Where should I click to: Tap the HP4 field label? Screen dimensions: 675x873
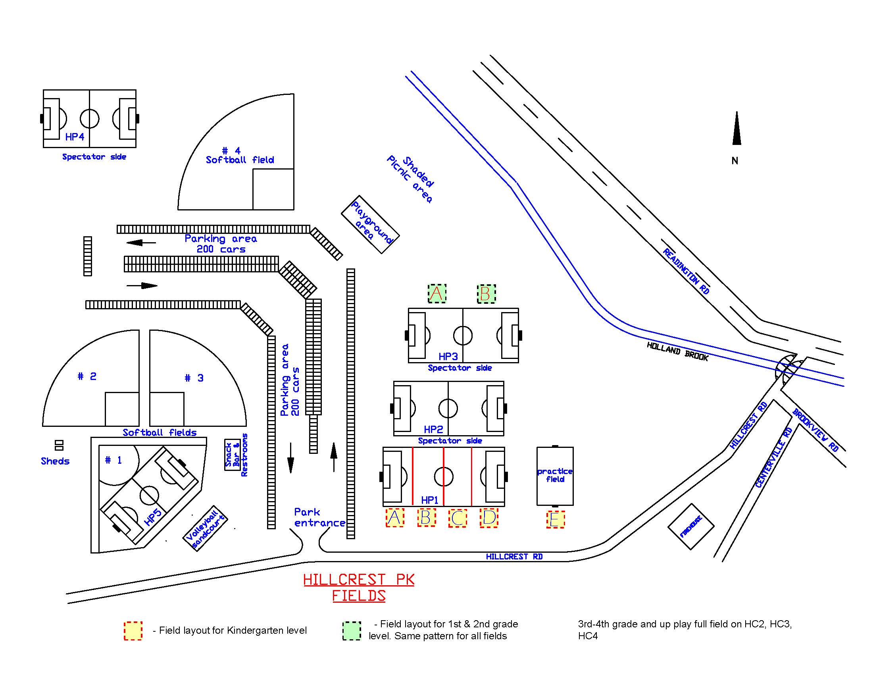pos(75,137)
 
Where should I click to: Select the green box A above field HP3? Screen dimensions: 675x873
pos(437,293)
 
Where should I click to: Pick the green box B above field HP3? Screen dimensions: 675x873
pos(486,293)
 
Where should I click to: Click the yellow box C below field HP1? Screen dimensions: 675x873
pos(458,518)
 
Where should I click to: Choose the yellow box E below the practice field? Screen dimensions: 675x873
pos(555,519)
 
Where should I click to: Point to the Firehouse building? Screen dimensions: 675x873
pos(691,526)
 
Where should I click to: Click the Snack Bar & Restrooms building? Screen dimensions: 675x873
pos(232,455)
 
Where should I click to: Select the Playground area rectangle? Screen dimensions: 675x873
pos(370,224)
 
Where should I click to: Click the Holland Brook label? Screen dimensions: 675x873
pos(677,351)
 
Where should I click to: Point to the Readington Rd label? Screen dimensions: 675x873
pos(686,271)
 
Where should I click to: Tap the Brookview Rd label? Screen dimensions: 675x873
pos(815,430)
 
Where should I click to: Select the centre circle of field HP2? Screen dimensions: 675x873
pos(448,408)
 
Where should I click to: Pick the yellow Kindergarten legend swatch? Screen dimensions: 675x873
pos(133,631)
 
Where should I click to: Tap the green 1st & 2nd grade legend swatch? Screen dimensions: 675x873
pos(352,631)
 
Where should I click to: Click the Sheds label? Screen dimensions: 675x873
pos(55,461)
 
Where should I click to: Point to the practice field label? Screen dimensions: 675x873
pos(555,475)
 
